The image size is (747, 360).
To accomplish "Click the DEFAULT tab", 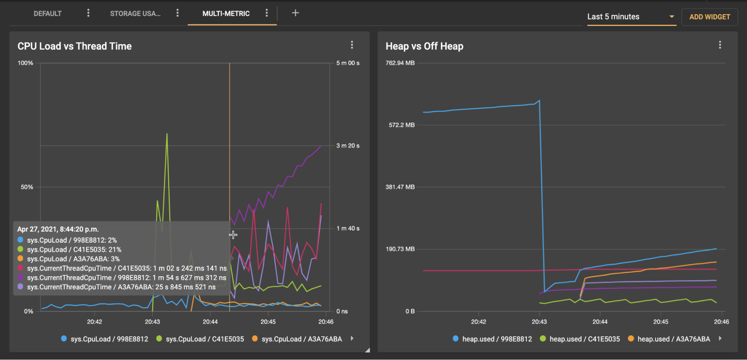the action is tap(47, 14).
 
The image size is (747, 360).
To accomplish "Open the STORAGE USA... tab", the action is tap(135, 14).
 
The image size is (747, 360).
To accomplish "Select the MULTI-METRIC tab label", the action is tap(226, 14).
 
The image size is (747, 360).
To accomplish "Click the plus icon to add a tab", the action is tap(295, 13).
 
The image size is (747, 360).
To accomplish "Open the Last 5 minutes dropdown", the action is tap(632, 17).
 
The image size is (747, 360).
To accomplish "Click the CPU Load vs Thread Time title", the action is tap(74, 46).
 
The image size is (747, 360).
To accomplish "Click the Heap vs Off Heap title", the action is tap(425, 46).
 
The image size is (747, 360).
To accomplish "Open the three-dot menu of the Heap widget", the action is tap(720, 45).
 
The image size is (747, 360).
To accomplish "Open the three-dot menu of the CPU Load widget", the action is tap(352, 45).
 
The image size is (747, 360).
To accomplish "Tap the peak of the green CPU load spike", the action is tap(167, 134).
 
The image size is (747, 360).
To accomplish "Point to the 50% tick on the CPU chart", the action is tap(27, 187).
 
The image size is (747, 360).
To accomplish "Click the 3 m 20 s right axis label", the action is tap(348, 146).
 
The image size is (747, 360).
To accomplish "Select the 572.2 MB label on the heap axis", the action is tap(402, 125).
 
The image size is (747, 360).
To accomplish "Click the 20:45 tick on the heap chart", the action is tap(661, 322).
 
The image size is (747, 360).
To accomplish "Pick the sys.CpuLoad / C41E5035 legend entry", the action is tap(200, 339).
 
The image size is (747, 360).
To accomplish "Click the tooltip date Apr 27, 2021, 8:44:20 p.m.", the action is tap(58, 229).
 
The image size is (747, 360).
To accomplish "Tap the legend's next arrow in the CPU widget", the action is tap(352, 338).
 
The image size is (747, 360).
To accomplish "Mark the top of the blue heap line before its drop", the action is tap(539, 100).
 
